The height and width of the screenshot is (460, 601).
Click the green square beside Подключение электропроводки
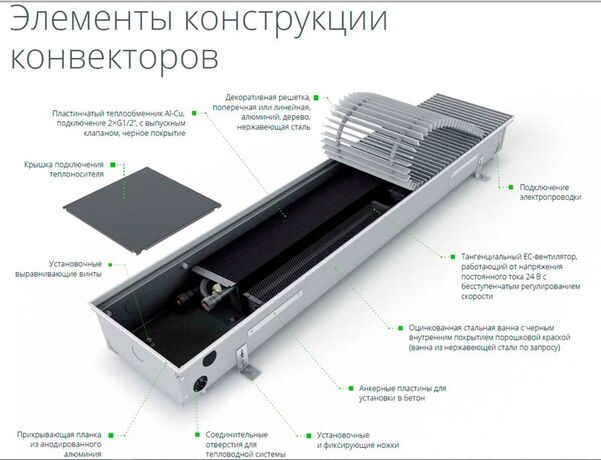tap(512, 185)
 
